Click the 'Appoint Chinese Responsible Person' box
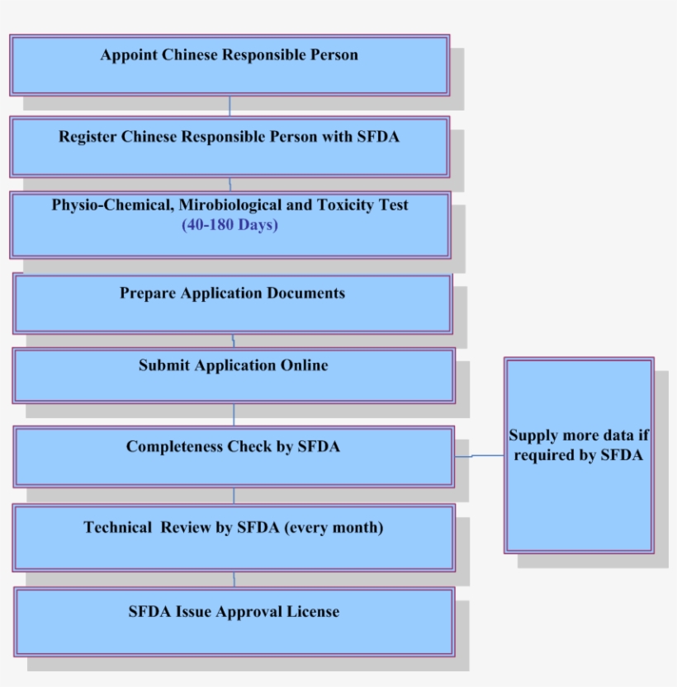pyautogui.click(x=230, y=65)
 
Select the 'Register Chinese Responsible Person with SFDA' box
pyautogui.click(x=230, y=147)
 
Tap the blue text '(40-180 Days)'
pyautogui.click(x=230, y=225)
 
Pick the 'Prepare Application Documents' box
pyautogui.click(x=232, y=304)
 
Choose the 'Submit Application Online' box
pyautogui.click(x=233, y=375)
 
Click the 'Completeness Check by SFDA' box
pyautogui.click(x=234, y=456)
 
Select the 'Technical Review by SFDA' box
pyautogui.click(x=234, y=538)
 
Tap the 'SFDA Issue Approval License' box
pyautogui.click(x=234, y=621)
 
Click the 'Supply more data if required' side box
pyautogui.click(x=579, y=455)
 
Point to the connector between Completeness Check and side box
pyautogui.click(x=479, y=455)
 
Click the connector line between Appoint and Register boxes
pyautogui.click(x=230, y=106)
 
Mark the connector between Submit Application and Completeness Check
pyautogui.click(x=234, y=415)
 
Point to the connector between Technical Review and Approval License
pyautogui.click(x=234, y=579)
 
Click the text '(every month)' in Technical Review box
pyautogui.click(x=334, y=528)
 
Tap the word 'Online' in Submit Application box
pyautogui.click(x=302, y=365)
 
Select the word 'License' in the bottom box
pyautogui.click(x=313, y=612)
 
